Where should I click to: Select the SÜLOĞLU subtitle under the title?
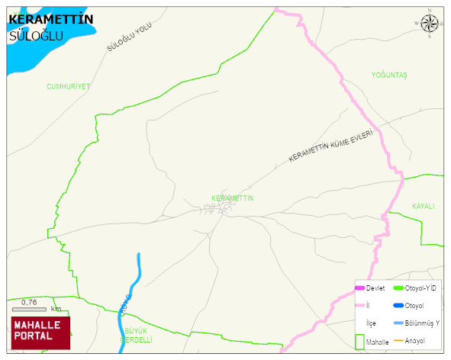pyautogui.click(x=36, y=37)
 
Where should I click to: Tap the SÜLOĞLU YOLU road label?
pyautogui.click(x=129, y=37)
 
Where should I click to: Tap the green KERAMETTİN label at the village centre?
pyautogui.click(x=232, y=198)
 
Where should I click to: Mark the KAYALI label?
pyautogui.click(x=423, y=207)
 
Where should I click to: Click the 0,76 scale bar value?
pyautogui.click(x=30, y=303)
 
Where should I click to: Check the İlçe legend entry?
pyautogui.click(x=371, y=323)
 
